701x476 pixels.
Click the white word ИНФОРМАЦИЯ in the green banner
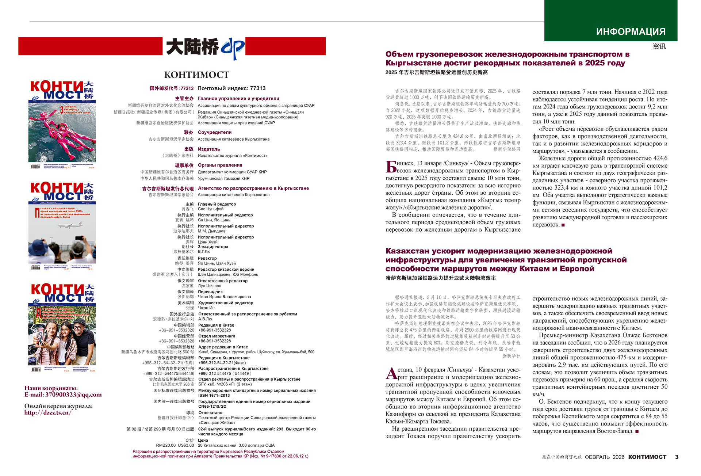(x=631, y=32)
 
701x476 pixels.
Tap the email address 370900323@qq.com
(x=73, y=395)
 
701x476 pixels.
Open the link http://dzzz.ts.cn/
(x=48, y=412)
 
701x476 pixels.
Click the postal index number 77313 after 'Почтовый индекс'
(x=258, y=88)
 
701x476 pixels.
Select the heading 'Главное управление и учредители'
(x=238, y=99)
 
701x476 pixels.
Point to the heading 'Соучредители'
(x=215, y=132)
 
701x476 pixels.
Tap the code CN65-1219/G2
(x=212, y=406)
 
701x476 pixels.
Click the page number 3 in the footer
(x=677, y=457)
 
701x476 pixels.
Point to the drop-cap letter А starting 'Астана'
(x=391, y=373)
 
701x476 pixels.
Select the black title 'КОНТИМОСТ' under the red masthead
(x=197, y=75)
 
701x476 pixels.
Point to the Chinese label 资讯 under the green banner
(x=659, y=46)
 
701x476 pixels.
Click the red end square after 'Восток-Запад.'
(x=637, y=431)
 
